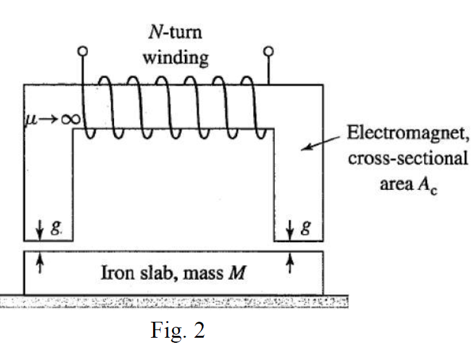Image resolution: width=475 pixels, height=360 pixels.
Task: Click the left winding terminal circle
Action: point(82,51)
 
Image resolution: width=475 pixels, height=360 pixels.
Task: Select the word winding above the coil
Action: point(175,58)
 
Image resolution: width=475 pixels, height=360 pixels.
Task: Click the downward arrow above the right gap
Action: point(292,231)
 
